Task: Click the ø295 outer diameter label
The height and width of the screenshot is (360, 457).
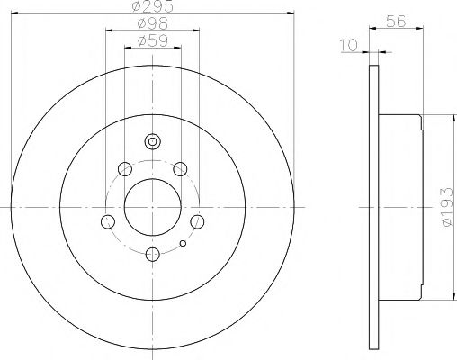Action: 152,6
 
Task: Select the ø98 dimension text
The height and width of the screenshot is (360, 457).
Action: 152,23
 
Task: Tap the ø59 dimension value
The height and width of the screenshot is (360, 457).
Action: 152,41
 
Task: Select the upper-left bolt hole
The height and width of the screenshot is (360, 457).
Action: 124,168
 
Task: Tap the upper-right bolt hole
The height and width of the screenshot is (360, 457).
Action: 180,168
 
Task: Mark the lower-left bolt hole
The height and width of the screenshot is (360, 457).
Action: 107,221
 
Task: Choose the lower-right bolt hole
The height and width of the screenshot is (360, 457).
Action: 198,221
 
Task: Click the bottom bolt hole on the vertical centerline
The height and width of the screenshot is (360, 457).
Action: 152,255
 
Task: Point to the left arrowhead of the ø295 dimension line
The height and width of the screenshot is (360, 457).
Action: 15,13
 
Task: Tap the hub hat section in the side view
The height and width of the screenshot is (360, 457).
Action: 400,207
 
